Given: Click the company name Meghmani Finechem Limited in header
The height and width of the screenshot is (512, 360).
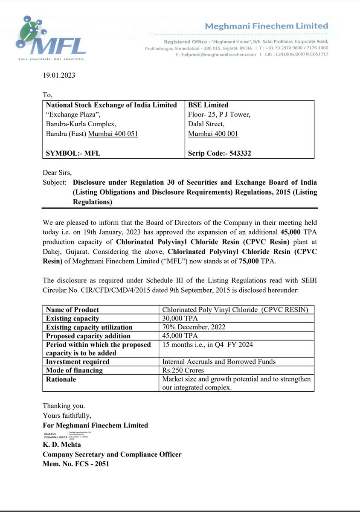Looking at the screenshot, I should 267,26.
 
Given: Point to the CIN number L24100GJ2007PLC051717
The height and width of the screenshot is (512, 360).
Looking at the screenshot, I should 302,55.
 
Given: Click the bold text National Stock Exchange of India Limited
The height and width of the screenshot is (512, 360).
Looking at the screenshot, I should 111,105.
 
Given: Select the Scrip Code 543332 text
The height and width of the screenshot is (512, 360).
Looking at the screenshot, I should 219,153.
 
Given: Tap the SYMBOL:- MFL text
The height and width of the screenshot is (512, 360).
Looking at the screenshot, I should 73,153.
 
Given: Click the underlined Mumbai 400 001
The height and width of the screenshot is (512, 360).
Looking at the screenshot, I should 213,134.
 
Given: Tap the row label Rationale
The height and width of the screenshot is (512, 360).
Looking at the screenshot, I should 61,379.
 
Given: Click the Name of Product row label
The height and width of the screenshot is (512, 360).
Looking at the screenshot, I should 72,310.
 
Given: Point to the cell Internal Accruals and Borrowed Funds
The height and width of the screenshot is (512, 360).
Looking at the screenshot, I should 219,362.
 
